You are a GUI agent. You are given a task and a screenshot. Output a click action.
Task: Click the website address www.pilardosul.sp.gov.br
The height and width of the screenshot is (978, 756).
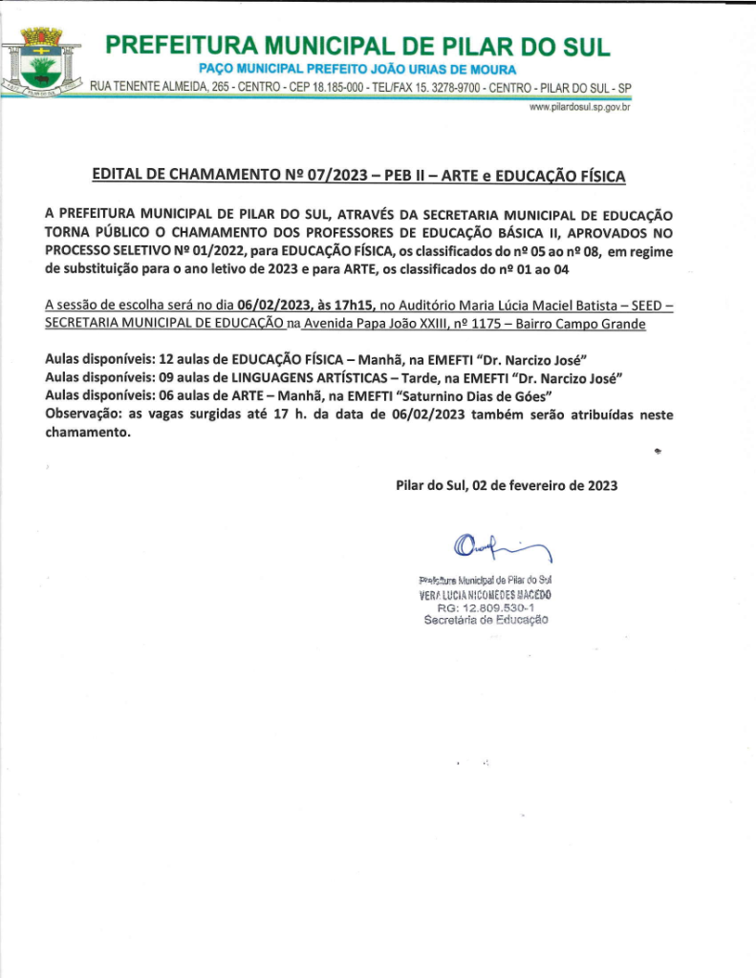coord(578,108)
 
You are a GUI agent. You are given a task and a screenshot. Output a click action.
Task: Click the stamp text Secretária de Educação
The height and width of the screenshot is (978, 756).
coord(486,620)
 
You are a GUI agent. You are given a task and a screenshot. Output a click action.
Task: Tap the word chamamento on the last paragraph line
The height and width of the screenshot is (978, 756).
coord(86,432)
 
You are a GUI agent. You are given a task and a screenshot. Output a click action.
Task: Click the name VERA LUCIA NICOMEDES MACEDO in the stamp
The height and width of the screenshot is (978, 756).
coord(486,594)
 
